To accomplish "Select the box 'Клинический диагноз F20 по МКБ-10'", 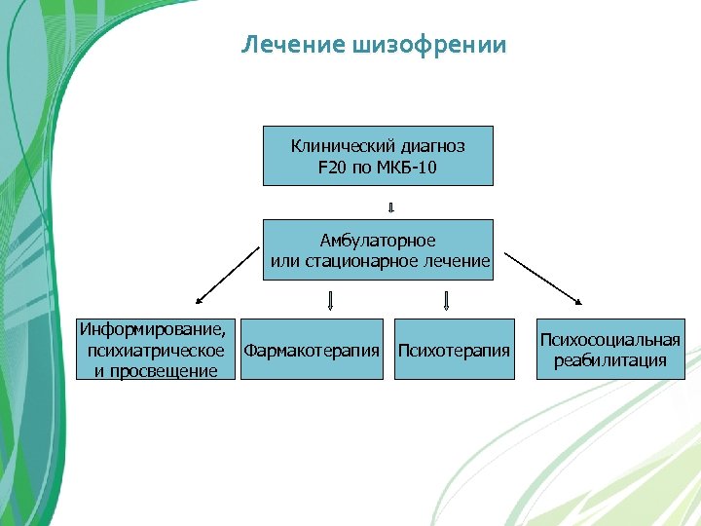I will point(378,156).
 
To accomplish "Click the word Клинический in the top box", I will point(336,146).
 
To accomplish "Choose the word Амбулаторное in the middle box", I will point(378,240).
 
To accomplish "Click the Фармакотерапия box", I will point(312,349).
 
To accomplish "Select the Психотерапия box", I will point(455,349).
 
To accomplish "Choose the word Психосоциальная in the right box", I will point(610,340).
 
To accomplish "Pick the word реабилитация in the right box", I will point(610,360).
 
